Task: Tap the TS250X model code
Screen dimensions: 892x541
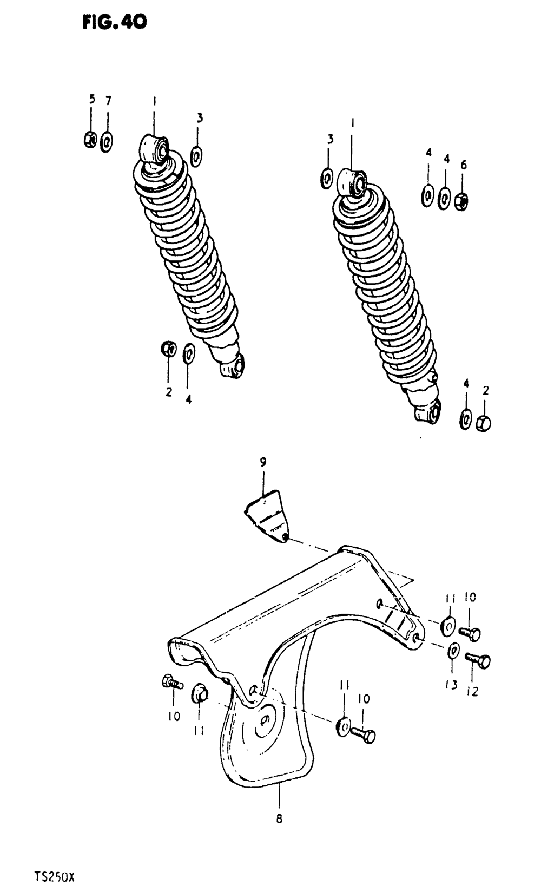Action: click(x=53, y=876)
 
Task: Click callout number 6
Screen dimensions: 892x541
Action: click(x=464, y=165)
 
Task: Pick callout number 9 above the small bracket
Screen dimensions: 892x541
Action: click(x=263, y=462)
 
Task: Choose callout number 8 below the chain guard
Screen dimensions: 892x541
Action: click(x=279, y=819)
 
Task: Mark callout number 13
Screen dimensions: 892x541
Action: click(x=452, y=685)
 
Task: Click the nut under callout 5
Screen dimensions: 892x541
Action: click(x=90, y=140)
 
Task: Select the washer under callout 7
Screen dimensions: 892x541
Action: click(x=107, y=142)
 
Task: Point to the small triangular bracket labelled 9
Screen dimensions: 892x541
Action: click(x=268, y=515)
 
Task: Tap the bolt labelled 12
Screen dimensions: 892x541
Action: click(x=478, y=660)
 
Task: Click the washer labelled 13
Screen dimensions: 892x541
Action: click(x=454, y=651)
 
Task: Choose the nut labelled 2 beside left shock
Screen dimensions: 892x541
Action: click(x=168, y=349)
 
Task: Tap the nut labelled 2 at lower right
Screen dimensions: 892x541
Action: click(x=484, y=423)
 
